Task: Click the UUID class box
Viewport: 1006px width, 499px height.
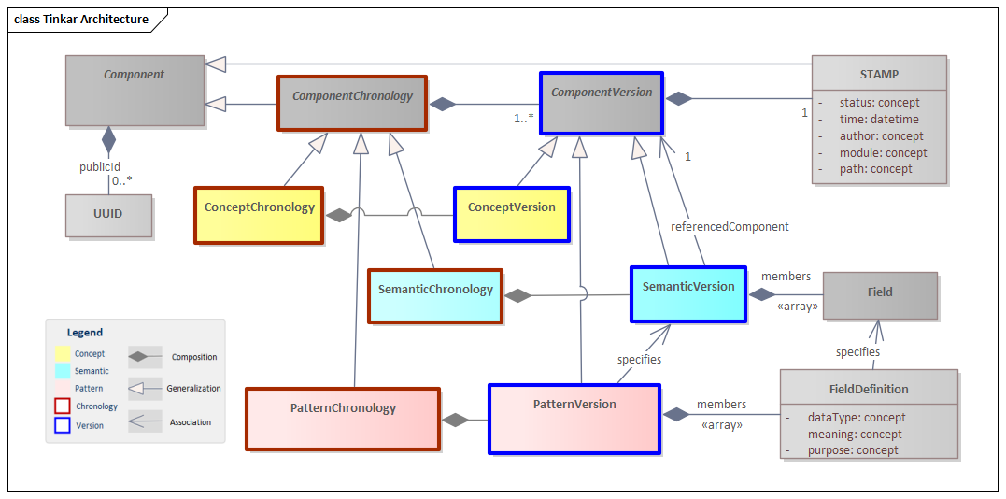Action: tap(108, 214)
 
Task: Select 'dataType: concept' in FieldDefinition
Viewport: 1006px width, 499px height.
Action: tap(856, 418)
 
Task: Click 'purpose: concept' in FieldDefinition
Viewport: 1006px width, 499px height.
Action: tap(852, 450)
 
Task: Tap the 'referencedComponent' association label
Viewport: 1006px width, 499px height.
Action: tap(730, 226)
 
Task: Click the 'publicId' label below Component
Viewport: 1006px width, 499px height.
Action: tap(99, 167)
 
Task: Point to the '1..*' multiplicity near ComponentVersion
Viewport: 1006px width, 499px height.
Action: tap(524, 119)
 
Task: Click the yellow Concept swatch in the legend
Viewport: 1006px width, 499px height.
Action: tap(63, 353)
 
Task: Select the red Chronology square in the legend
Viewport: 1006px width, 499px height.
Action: tap(63, 406)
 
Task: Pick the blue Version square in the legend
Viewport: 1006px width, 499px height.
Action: tap(63, 425)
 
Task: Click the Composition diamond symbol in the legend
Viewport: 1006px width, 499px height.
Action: tap(145, 356)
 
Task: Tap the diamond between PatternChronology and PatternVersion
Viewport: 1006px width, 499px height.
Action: tap(455, 420)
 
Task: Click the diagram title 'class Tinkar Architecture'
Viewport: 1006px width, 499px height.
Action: tap(81, 19)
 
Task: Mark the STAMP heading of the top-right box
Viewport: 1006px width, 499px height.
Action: tap(878, 74)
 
